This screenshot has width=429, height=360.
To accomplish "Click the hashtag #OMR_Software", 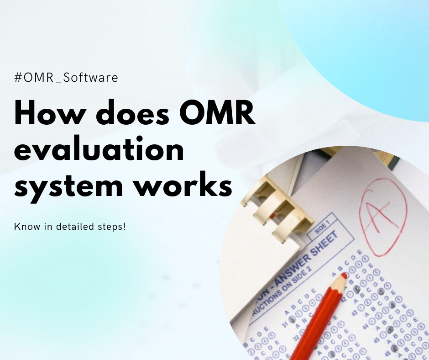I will (66, 78).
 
